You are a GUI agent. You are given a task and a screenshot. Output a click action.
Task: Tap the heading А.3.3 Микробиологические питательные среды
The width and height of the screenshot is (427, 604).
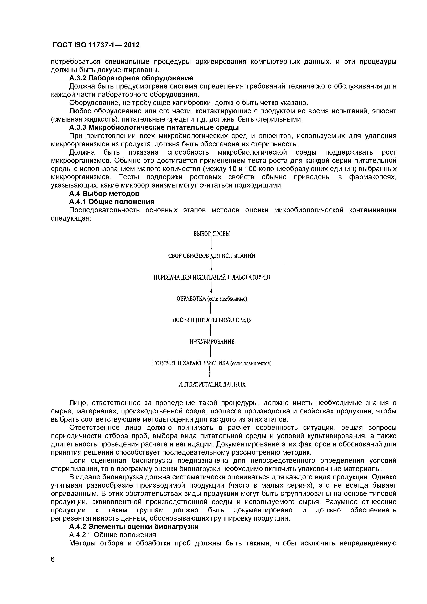(x=154, y=128)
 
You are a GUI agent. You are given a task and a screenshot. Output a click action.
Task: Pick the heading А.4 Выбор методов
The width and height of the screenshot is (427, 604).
(x=104, y=194)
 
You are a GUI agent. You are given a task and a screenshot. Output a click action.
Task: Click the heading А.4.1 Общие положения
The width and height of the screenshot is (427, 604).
(x=112, y=202)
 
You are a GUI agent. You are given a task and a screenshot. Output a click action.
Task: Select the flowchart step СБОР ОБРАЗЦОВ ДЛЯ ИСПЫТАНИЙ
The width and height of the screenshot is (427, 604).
(x=212, y=256)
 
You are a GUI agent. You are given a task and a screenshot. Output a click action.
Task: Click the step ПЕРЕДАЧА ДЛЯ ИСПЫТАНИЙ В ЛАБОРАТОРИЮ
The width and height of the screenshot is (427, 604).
(x=212, y=277)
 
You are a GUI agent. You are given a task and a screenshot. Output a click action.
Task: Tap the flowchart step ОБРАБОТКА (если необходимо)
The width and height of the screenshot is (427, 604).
(x=212, y=299)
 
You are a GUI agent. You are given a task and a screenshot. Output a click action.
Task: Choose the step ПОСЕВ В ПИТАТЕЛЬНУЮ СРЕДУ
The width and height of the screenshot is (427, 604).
(x=212, y=320)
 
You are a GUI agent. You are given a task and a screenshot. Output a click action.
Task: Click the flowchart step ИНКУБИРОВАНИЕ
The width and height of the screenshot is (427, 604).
(x=212, y=342)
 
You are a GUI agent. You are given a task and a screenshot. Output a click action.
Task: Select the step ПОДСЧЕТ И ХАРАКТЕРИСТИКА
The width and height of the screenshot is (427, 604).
(x=212, y=363)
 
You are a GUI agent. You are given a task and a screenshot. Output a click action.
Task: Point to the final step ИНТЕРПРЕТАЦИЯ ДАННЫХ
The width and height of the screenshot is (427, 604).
(x=212, y=385)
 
